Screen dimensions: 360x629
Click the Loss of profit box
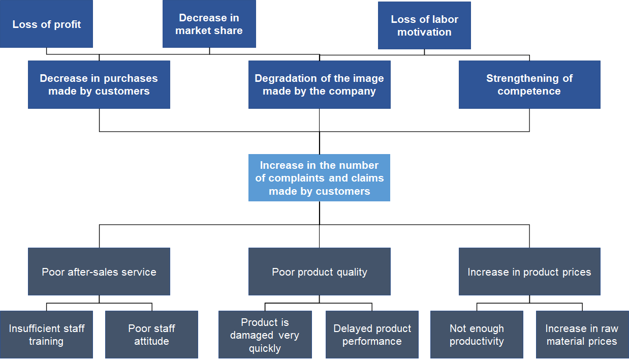(46, 24)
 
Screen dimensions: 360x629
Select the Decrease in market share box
(209, 24)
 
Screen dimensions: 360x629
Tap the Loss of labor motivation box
(424, 25)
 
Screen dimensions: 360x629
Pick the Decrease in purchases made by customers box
(99, 84)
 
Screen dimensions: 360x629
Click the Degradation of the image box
(319, 84)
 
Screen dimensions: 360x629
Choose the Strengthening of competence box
(529, 84)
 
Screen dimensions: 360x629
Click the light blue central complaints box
(319, 178)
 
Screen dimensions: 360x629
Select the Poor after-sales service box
(99, 272)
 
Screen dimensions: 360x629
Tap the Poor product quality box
(319, 272)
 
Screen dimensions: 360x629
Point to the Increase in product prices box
(529, 272)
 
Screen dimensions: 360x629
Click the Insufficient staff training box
(46, 335)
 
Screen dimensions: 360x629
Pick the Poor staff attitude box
(151, 335)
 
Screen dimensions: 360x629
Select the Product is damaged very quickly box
(265, 335)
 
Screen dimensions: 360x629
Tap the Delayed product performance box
(372, 335)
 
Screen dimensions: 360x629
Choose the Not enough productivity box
(477, 335)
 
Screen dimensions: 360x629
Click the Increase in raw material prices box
(582, 335)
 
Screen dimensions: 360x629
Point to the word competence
(529, 92)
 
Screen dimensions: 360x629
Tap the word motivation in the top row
(424, 32)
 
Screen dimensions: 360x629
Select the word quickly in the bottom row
(265, 349)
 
